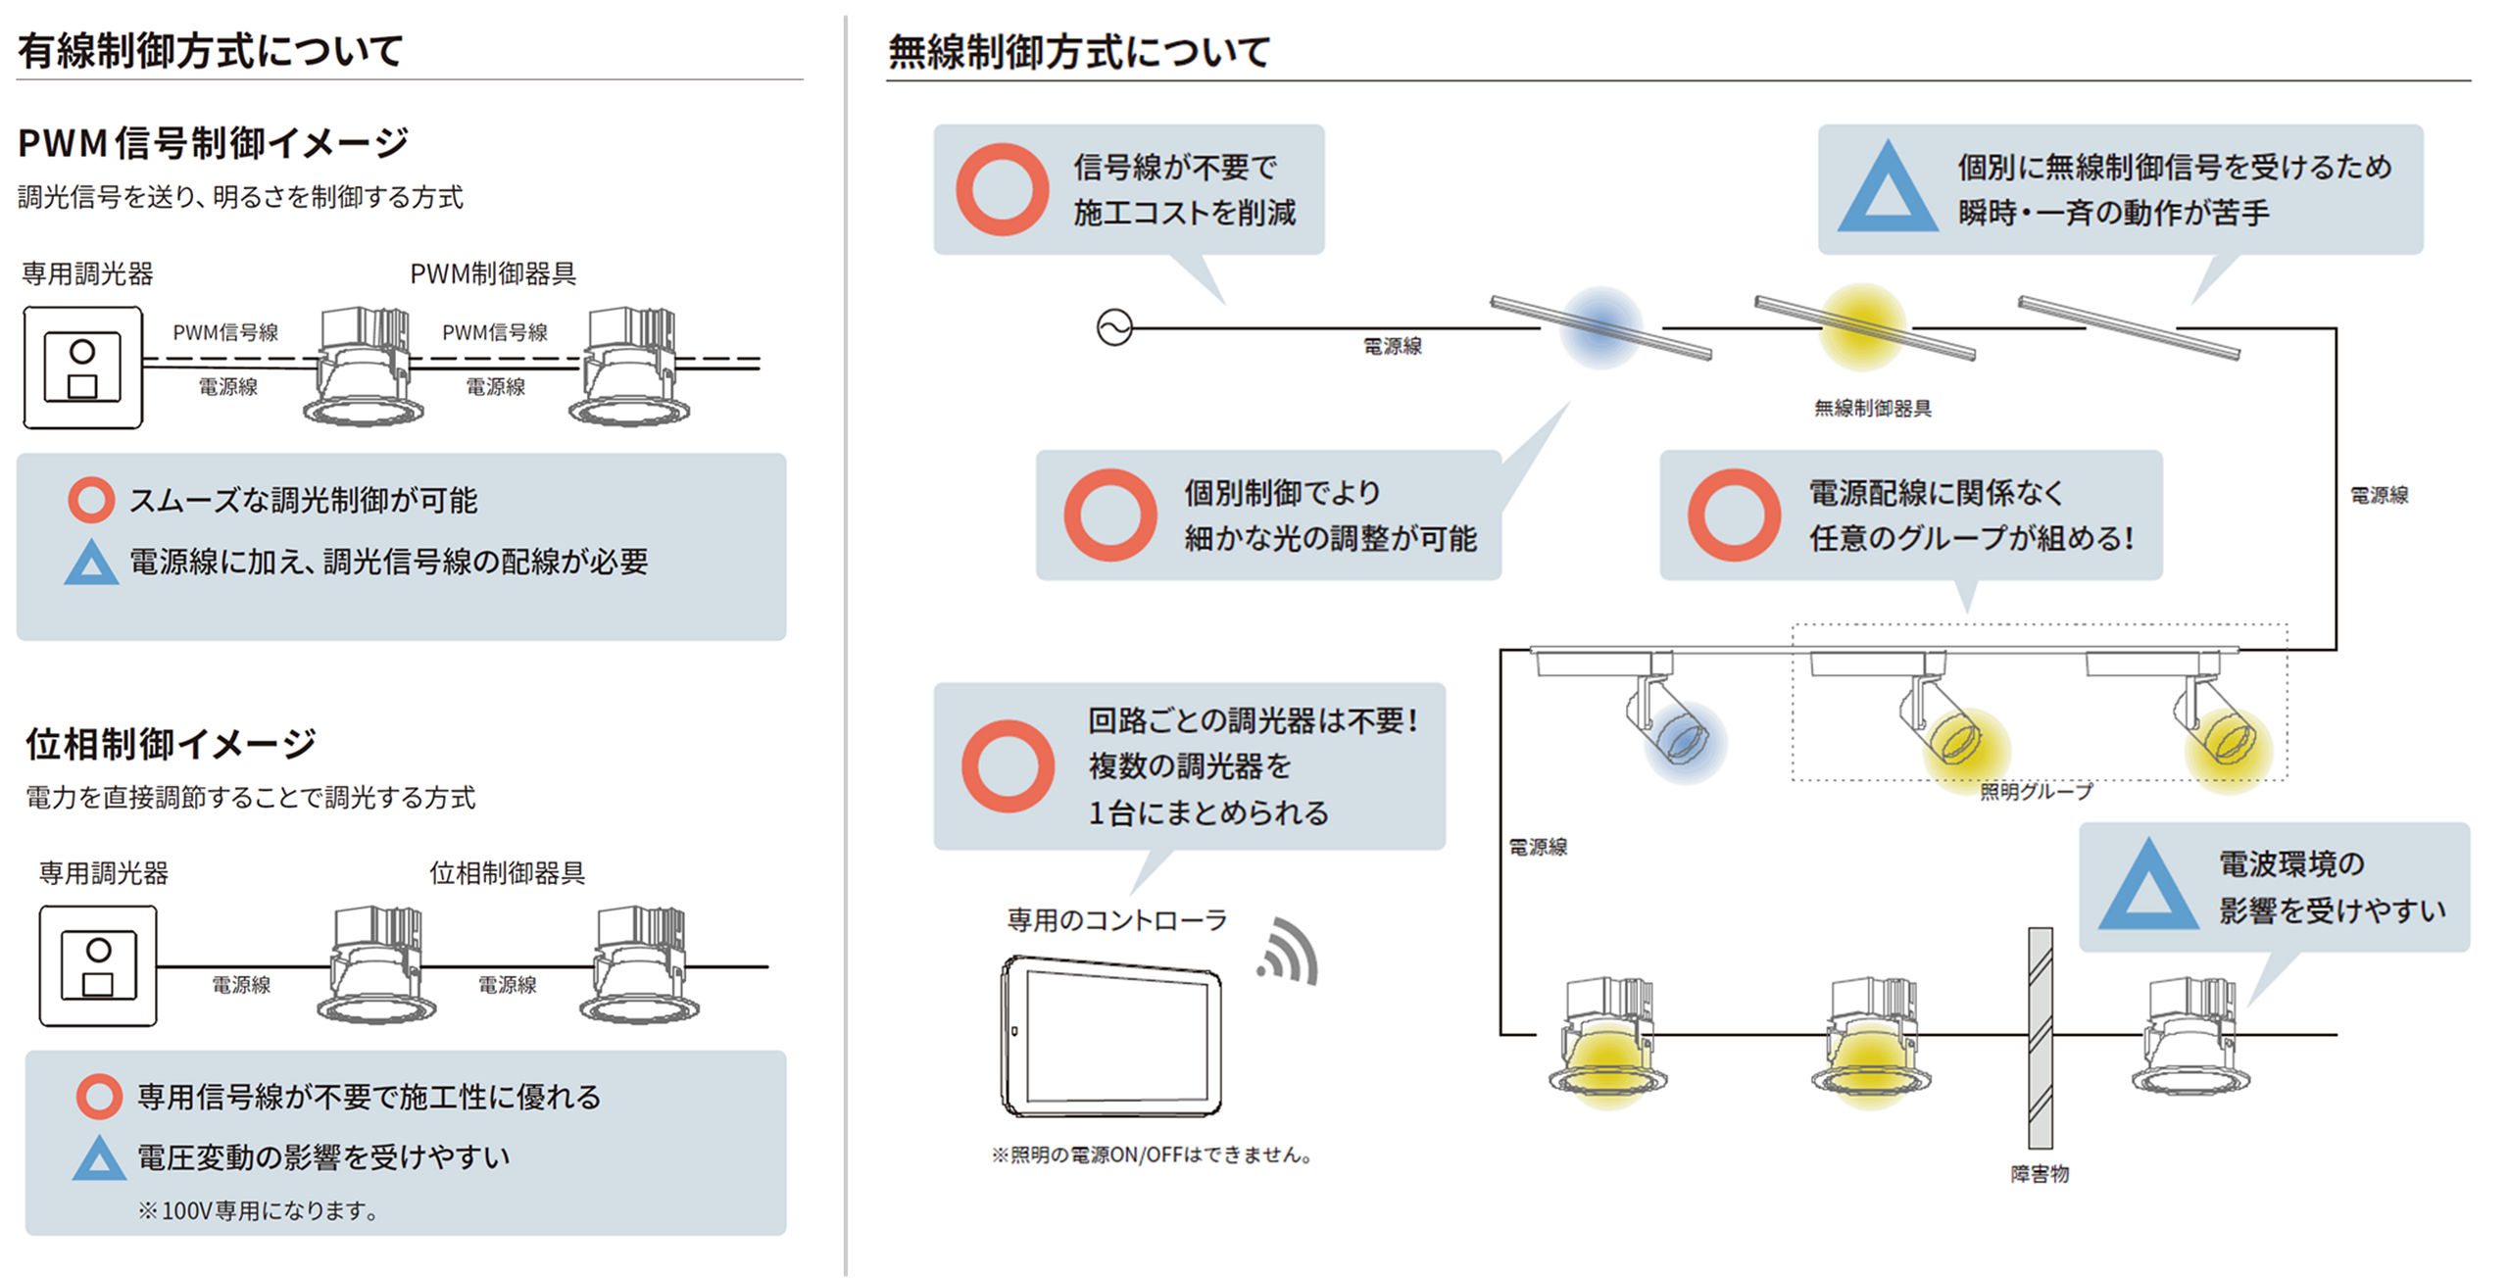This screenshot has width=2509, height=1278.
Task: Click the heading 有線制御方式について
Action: tap(210, 51)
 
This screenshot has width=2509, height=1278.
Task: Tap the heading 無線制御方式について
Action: tap(1078, 52)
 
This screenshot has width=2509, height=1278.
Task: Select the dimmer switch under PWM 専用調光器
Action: tap(83, 368)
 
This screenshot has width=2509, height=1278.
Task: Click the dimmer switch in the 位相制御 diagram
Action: tap(98, 965)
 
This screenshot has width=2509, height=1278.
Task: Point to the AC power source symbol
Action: tap(1114, 327)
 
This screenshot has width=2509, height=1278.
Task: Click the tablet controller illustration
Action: tap(1112, 1036)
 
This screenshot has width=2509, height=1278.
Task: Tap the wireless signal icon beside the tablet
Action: tap(1289, 953)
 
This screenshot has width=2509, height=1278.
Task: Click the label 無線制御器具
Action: tap(1872, 409)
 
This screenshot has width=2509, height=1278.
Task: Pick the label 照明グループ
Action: tap(2036, 791)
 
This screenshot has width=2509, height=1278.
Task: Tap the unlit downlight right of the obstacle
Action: tap(2190, 1039)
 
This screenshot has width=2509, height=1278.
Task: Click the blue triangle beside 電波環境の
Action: tap(2147, 887)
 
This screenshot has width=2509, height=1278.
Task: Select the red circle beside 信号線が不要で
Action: tap(1002, 189)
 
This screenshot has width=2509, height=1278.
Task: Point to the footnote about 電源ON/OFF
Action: tap(1153, 1155)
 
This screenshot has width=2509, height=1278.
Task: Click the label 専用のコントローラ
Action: tap(1116, 919)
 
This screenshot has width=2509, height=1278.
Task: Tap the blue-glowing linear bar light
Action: tap(1599, 327)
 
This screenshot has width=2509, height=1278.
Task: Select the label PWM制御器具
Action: tap(492, 273)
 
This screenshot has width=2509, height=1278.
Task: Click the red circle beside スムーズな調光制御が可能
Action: tap(91, 500)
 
